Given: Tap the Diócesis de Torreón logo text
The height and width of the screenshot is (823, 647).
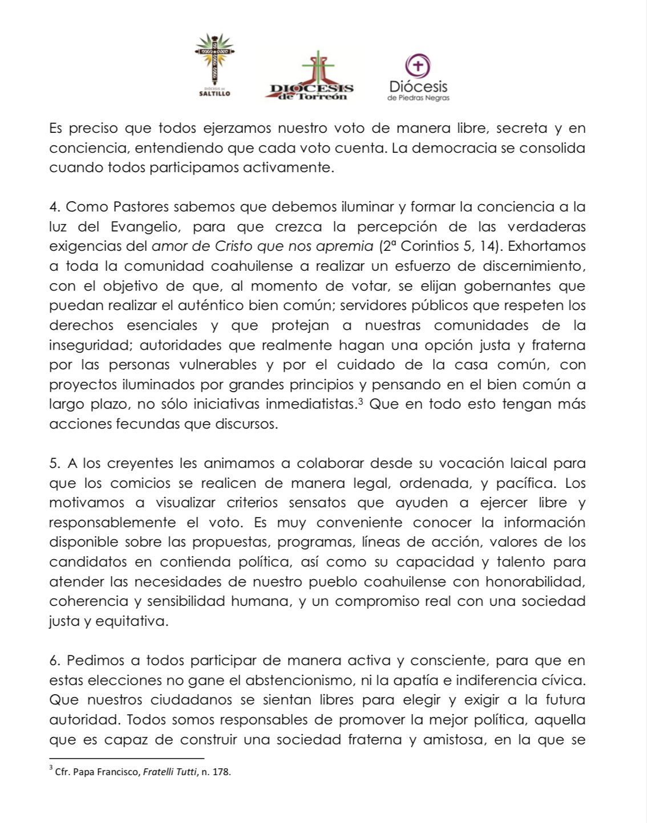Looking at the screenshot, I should (312, 91).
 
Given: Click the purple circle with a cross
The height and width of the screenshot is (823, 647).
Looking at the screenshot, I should (418, 66).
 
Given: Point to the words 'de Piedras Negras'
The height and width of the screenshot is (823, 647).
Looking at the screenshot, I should (418, 97).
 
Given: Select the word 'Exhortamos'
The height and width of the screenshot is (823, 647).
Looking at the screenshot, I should (547, 246).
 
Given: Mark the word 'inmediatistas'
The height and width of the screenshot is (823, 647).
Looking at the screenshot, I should (308, 405).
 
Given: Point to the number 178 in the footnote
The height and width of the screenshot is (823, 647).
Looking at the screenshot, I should (221, 773).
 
